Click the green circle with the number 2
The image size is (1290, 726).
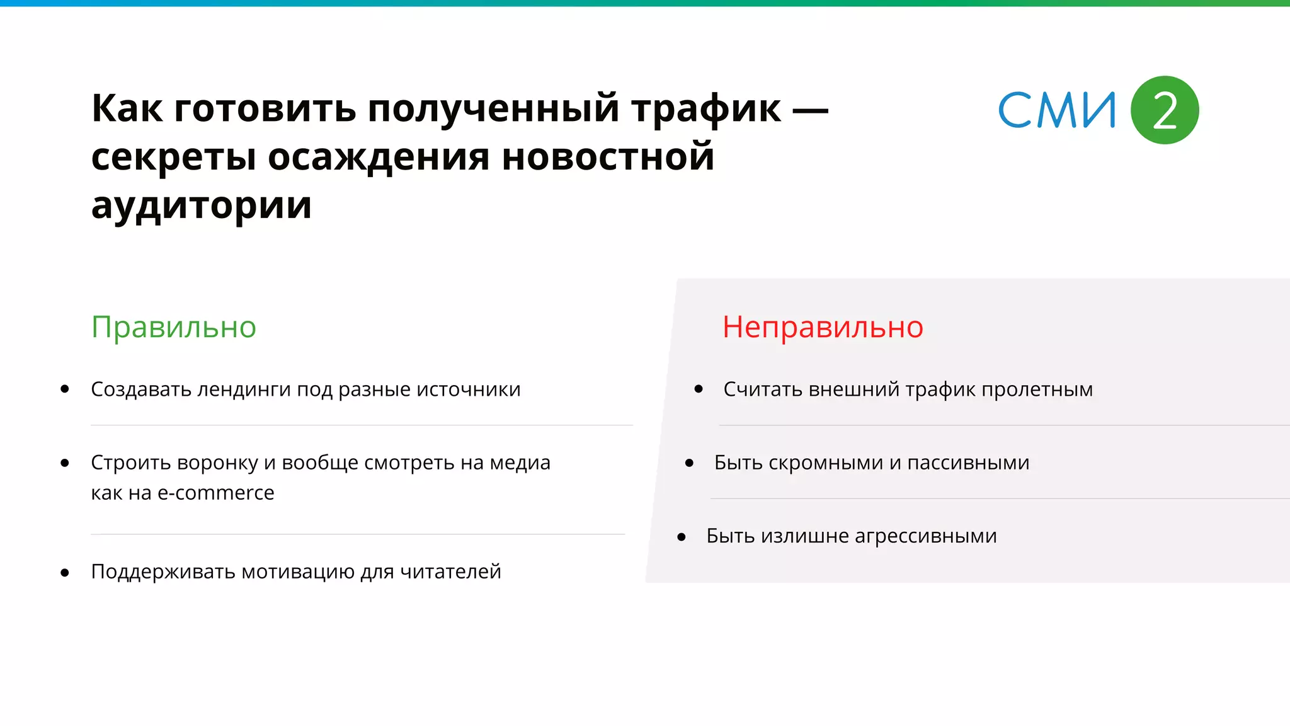(1164, 110)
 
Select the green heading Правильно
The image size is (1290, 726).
(174, 327)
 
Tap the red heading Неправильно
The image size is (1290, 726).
(823, 327)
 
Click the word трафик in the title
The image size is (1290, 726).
(706, 108)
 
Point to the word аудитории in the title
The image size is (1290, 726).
(202, 205)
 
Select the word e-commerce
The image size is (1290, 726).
(215, 493)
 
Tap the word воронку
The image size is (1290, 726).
(218, 463)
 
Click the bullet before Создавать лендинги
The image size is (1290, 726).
(65, 389)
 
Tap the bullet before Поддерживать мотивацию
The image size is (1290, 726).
(65, 573)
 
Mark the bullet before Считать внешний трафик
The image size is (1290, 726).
(699, 389)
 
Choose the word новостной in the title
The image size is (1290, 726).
(608, 157)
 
